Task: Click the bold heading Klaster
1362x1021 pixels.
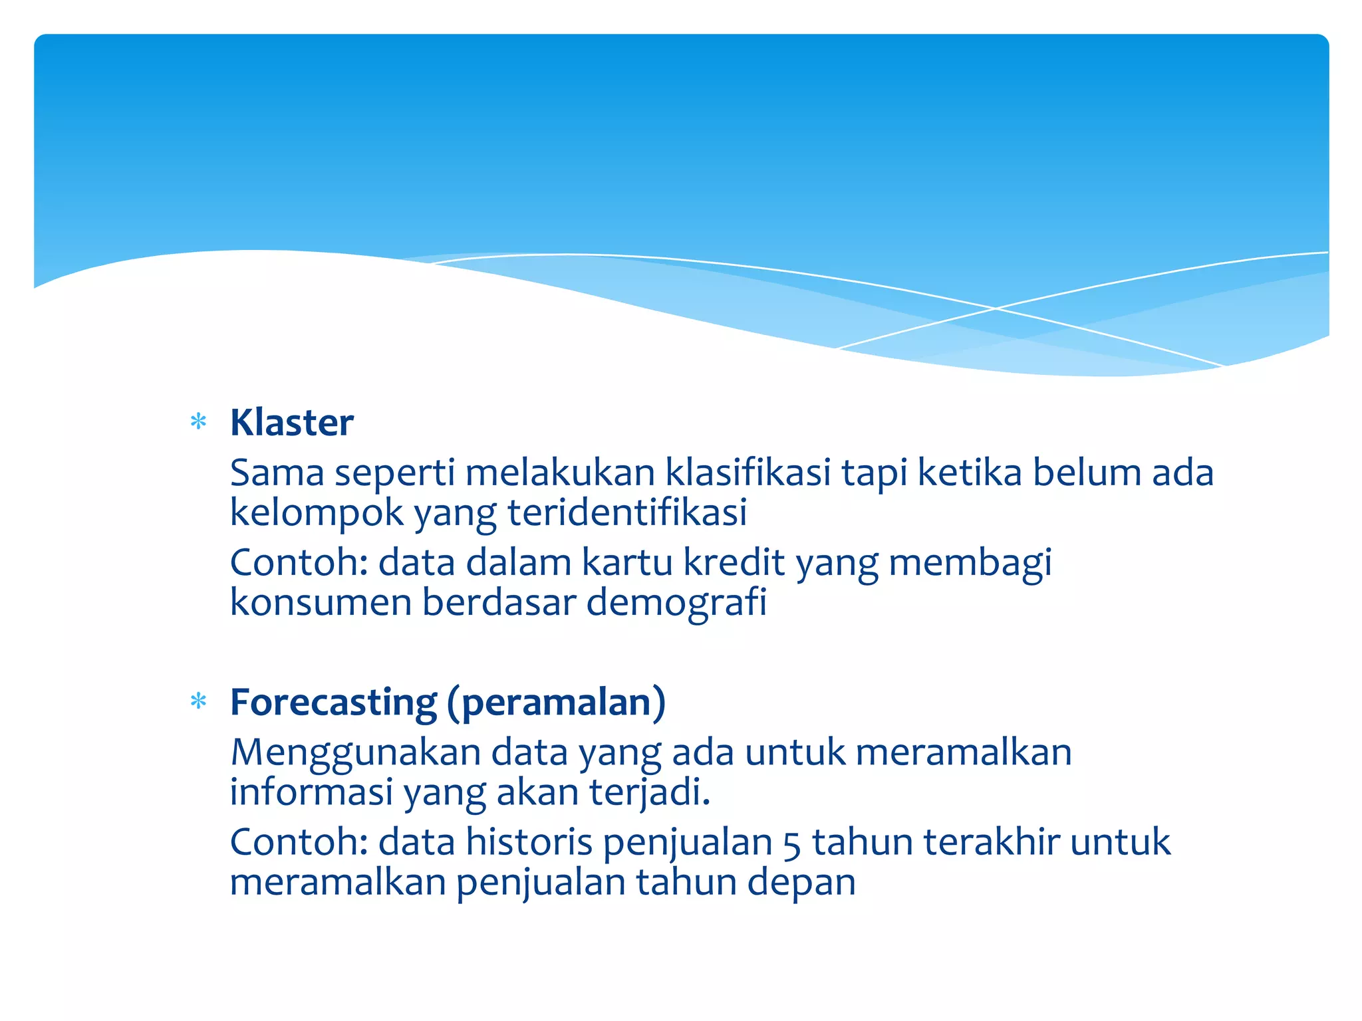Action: click(291, 423)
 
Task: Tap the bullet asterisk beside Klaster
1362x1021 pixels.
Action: click(198, 422)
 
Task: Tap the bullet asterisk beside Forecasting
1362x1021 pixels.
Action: click(198, 702)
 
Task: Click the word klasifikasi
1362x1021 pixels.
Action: click(748, 473)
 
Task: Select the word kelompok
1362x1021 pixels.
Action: click(317, 513)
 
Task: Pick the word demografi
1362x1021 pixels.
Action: click(676, 602)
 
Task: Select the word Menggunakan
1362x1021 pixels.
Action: click(355, 753)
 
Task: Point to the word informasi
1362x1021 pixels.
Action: click(311, 792)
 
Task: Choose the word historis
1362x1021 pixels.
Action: click(529, 842)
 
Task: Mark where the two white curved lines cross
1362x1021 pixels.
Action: click(995, 308)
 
